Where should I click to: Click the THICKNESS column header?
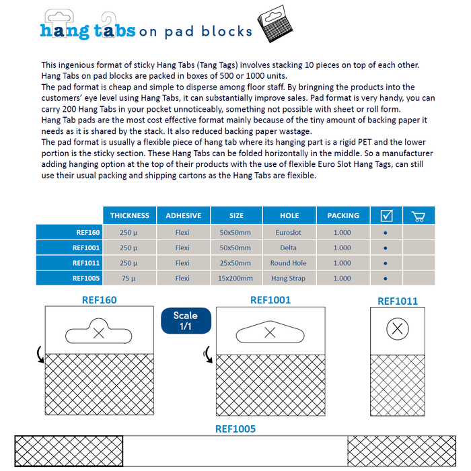(x=130, y=216)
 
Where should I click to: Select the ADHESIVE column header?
(x=183, y=216)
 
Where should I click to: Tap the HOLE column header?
(x=289, y=216)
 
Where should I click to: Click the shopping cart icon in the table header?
(x=418, y=216)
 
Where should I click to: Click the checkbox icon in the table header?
(x=386, y=216)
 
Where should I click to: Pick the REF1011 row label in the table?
(x=86, y=263)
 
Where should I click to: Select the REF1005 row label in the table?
(x=86, y=278)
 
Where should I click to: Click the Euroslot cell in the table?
(x=289, y=233)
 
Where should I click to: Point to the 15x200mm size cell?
(x=236, y=278)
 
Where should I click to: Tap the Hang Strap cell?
(x=289, y=278)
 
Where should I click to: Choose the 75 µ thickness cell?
(x=129, y=278)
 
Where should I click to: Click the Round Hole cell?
(x=289, y=263)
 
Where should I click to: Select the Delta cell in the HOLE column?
(x=289, y=248)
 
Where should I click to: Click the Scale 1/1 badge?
(x=186, y=320)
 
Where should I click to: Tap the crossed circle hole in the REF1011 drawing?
(x=398, y=329)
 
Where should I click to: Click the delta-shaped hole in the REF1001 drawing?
(x=270, y=332)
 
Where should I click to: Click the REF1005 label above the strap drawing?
(x=235, y=428)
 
